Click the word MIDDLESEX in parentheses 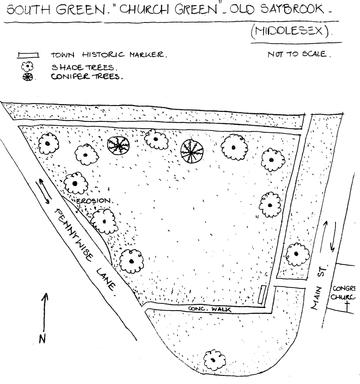291,33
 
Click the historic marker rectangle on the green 263,294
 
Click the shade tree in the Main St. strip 296,254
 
